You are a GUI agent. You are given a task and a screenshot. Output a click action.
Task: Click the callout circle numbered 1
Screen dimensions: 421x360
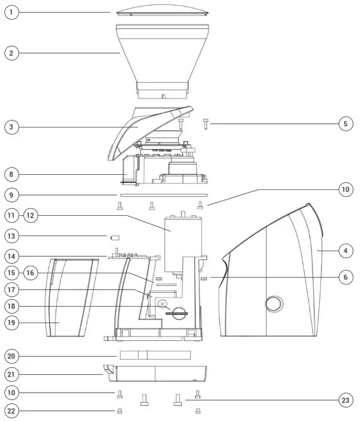(x=11, y=13)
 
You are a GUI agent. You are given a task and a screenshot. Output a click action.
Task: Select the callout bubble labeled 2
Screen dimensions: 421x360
(x=11, y=53)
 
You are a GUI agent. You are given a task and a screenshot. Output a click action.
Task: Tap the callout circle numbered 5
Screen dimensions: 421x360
(x=345, y=124)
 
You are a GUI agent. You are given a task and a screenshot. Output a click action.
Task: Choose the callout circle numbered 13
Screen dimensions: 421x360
(x=11, y=236)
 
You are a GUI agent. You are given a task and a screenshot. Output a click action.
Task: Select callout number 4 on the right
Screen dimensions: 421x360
(x=345, y=251)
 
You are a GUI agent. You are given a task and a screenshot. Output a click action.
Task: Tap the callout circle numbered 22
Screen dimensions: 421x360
(x=11, y=411)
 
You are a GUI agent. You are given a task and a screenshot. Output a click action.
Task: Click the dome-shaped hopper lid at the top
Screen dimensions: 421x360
(x=163, y=11)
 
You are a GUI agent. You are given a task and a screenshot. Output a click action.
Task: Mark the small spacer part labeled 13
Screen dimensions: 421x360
(x=115, y=238)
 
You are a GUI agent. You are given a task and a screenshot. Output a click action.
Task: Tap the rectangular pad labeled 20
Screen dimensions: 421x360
(x=155, y=355)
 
